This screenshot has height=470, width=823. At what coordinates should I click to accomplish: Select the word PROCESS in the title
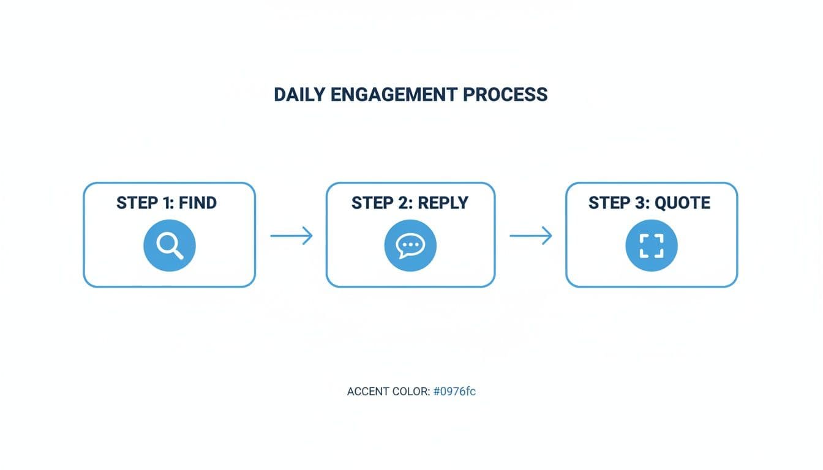click(506, 95)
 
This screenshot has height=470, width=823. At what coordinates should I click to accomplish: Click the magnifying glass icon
click(169, 245)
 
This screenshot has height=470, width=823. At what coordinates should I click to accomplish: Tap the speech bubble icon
click(410, 245)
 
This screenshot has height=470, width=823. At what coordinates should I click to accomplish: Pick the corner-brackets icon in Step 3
click(651, 245)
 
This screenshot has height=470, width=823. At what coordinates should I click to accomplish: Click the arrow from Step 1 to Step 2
click(291, 236)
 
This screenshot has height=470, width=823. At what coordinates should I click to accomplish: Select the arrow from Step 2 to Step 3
click(530, 236)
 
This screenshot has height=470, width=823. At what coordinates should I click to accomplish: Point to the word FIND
click(198, 203)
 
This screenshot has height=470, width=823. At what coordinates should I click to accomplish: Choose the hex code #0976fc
click(454, 392)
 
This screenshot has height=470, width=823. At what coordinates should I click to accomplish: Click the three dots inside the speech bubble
click(410, 244)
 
